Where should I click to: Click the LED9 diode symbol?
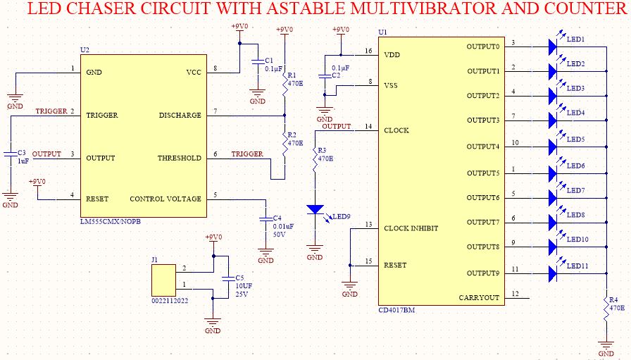pos(315,209)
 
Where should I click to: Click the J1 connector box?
pos(163,280)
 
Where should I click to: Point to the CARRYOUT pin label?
pos(479,298)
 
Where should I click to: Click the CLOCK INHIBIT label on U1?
pos(411,228)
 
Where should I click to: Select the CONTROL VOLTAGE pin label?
pos(165,199)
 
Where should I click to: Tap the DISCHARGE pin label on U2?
pos(180,116)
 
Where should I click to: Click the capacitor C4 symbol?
pos(265,218)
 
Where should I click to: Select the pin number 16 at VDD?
pos(368,51)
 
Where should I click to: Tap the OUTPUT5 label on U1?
pos(482,173)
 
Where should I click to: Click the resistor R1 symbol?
pos(285,85)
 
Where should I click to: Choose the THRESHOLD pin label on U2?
pos(180,159)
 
